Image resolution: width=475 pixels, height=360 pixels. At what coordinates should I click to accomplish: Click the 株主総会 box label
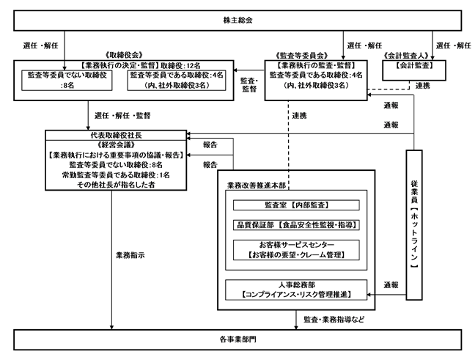(x=237, y=21)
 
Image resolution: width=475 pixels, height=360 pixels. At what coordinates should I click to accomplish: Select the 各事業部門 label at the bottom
(x=237, y=339)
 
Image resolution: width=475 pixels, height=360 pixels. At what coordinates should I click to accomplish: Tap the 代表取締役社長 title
(x=116, y=135)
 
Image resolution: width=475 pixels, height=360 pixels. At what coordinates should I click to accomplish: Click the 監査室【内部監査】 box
(x=296, y=205)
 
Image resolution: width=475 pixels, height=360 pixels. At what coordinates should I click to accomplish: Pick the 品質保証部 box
(x=296, y=225)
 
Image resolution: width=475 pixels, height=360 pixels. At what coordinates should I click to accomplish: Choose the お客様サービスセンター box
(x=296, y=250)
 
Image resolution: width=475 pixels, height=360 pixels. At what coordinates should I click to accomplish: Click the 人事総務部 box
(x=296, y=290)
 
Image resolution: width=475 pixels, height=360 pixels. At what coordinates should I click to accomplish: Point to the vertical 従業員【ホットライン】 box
(x=414, y=225)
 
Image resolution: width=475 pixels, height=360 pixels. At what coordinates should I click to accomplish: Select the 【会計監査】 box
(x=414, y=70)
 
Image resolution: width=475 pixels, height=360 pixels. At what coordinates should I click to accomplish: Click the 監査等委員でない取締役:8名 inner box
(x=67, y=81)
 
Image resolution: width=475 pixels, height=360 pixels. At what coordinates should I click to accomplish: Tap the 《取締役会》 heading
(x=124, y=55)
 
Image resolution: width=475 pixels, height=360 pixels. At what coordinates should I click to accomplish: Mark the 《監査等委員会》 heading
(x=302, y=56)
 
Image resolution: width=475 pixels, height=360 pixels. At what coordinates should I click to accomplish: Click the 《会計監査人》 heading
(x=406, y=56)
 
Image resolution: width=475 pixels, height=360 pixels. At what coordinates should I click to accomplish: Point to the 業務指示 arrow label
(x=130, y=255)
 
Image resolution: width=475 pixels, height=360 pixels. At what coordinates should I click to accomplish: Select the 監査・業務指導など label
(x=334, y=320)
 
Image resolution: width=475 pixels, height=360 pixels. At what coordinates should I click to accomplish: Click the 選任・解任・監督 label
(x=122, y=115)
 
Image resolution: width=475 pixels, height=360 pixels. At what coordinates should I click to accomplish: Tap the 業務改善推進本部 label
(x=257, y=185)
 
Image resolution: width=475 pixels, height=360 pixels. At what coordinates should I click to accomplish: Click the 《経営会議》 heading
(x=116, y=145)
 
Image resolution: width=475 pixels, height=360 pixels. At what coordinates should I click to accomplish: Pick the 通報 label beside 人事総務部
(x=391, y=285)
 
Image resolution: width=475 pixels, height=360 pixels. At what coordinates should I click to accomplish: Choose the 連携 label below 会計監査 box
(x=423, y=86)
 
